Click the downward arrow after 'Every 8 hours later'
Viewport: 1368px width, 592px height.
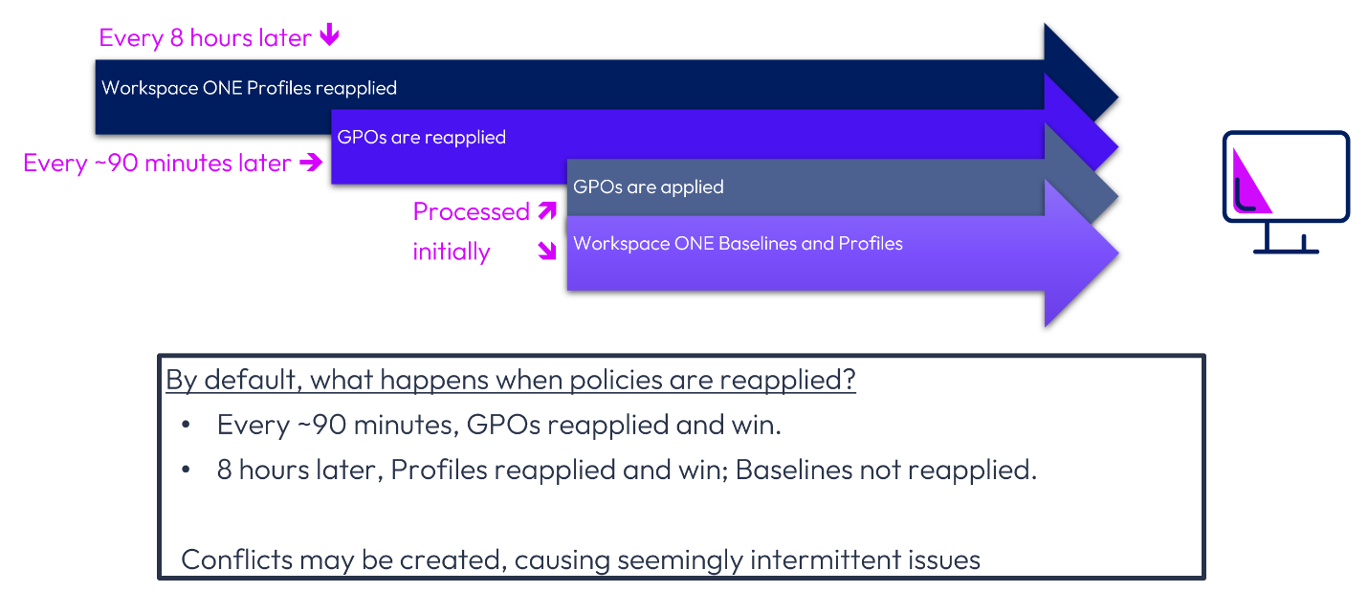(330, 34)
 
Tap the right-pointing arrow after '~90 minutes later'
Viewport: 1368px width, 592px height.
(311, 163)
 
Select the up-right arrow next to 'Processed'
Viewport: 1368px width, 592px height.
(547, 210)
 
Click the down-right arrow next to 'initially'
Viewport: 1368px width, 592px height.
(547, 251)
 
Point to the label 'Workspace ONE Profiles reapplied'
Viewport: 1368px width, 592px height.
(249, 88)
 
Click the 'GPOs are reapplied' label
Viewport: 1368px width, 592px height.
(421, 138)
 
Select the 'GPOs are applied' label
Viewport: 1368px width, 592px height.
(648, 186)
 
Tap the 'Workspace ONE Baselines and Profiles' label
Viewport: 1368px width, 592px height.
(738, 244)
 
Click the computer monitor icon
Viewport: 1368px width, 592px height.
(1286, 191)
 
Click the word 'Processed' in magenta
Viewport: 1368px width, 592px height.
(472, 211)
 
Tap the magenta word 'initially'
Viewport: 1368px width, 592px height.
(452, 252)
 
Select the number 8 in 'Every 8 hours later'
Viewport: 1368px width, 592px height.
(176, 38)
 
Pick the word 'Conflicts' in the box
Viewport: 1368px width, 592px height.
(237, 559)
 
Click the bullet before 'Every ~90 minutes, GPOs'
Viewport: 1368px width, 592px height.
(187, 425)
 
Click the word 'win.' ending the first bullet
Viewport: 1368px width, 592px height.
(756, 425)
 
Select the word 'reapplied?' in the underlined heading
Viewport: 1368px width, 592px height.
(787, 381)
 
